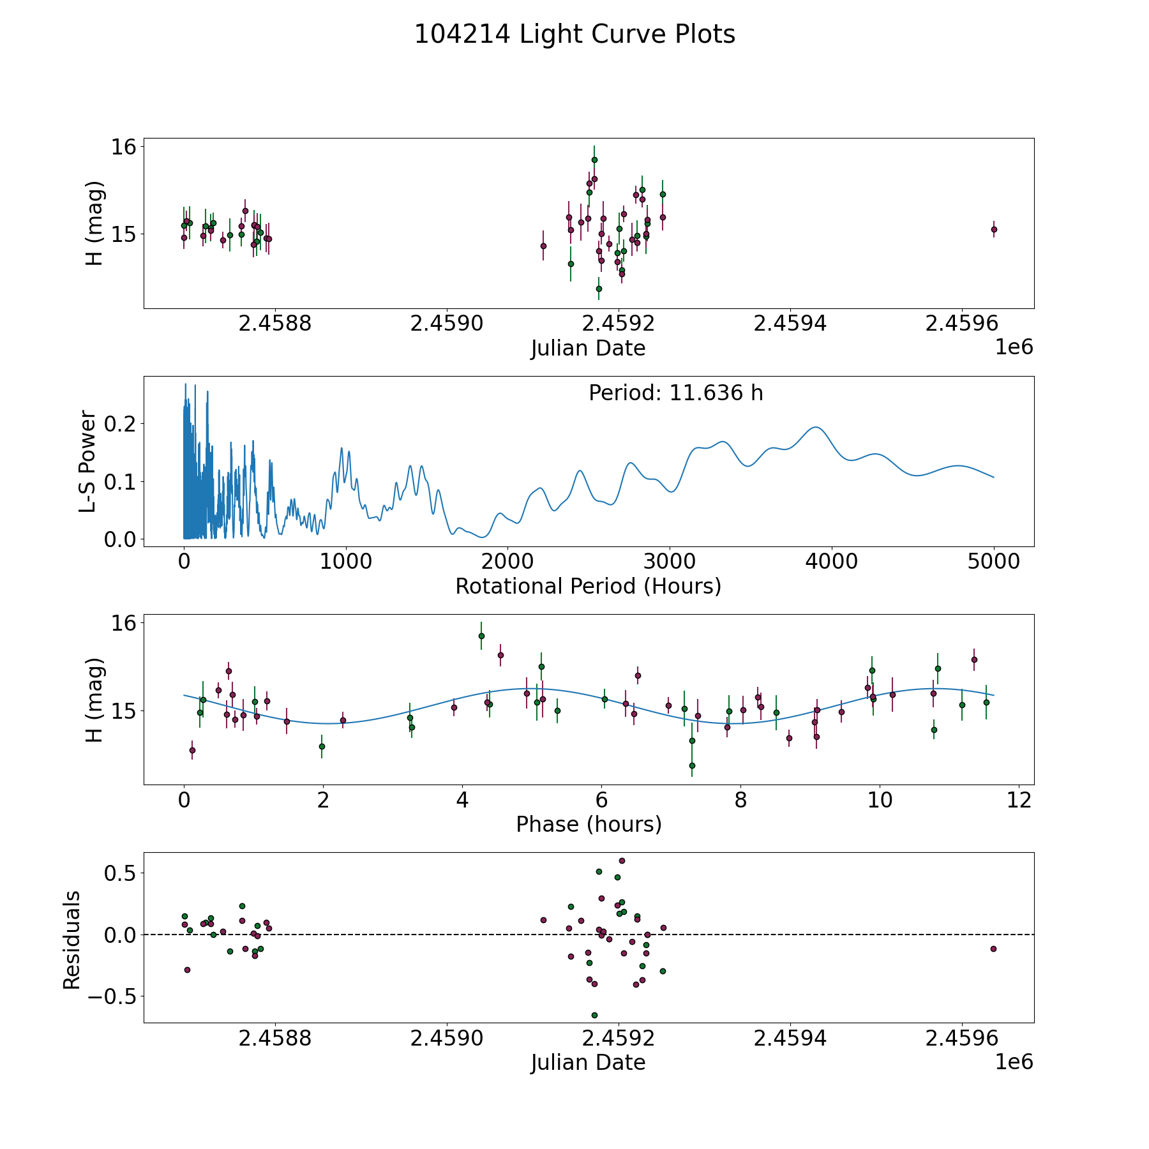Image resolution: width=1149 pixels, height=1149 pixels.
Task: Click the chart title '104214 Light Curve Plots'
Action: tap(574, 34)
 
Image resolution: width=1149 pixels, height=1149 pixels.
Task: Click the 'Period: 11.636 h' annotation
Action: tap(675, 393)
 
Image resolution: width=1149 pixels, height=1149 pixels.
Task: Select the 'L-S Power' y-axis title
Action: tap(88, 462)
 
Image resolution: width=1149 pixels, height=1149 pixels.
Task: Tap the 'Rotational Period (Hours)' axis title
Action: tap(588, 586)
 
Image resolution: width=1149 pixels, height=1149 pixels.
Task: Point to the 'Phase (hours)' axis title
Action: tap(589, 824)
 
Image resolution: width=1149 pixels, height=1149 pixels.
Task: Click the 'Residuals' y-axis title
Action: tap(71, 940)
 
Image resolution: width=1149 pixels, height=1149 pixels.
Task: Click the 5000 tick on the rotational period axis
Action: tap(993, 562)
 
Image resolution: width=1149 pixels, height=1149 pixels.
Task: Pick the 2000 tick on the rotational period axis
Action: tap(507, 562)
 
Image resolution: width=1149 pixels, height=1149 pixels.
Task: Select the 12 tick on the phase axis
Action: tap(1019, 800)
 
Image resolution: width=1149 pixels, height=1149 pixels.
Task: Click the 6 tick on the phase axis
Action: tap(601, 800)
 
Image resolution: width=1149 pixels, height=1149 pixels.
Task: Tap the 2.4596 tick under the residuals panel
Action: tap(962, 1039)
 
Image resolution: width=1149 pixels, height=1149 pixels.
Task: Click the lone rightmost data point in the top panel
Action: tap(994, 229)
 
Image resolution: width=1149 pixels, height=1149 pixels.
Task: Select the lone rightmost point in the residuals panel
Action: tap(993, 949)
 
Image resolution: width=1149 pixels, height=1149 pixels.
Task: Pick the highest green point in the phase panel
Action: tap(481, 636)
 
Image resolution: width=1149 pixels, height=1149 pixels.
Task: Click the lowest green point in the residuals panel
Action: tap(594, 1015)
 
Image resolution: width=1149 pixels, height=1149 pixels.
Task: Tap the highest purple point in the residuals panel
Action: tap(622, 860)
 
